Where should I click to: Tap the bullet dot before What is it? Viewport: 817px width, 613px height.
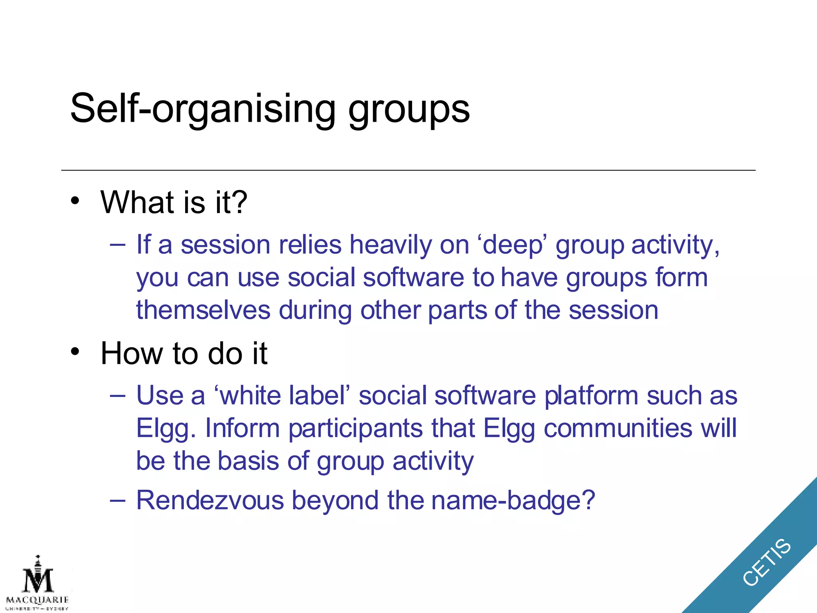[x=75, y=201]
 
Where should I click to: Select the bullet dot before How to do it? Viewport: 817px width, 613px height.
[x=75, y=352]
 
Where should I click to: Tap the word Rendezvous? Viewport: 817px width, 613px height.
[x=210, y=500]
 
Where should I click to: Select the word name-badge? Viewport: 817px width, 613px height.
[x=513, y=500]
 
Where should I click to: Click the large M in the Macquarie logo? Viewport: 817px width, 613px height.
[x=38, y=581]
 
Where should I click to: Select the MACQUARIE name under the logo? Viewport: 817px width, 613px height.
[x=37, y=600]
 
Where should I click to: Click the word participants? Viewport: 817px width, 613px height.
[x=355, y=429]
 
